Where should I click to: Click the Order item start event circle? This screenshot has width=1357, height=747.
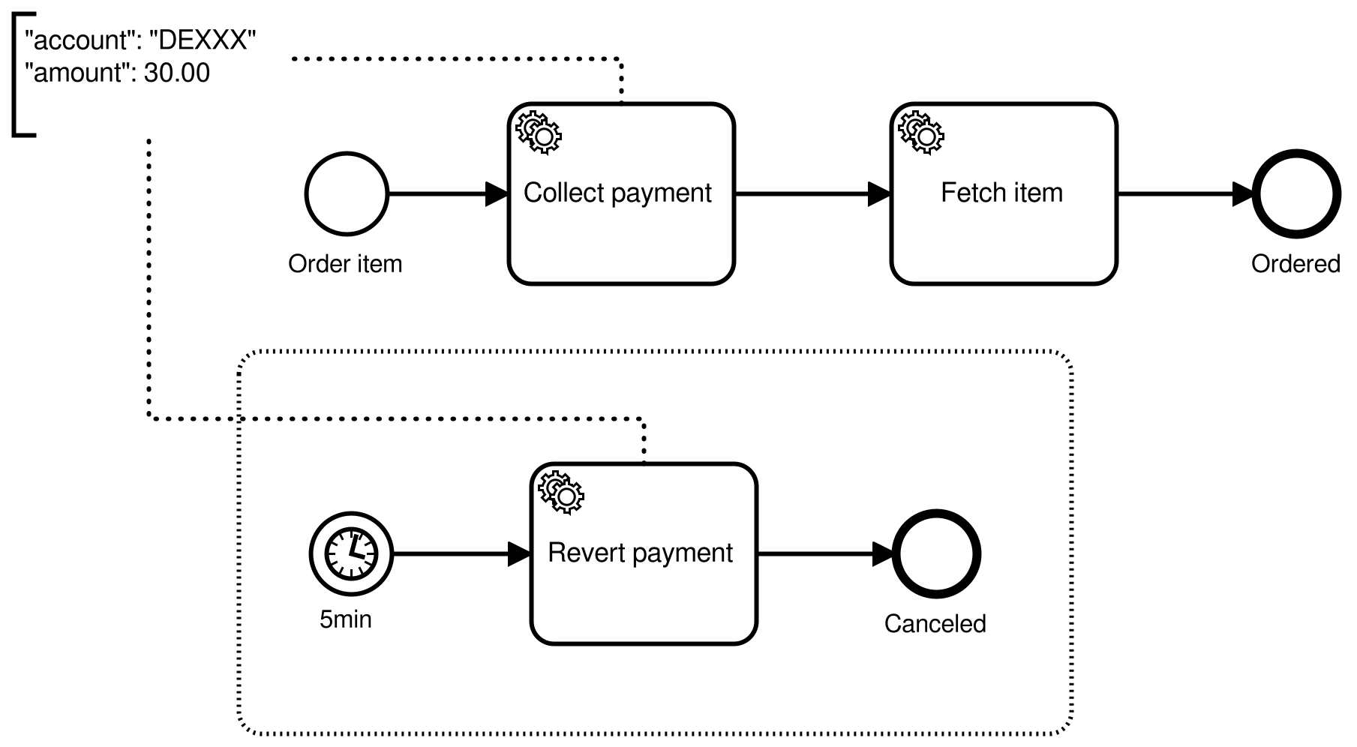347,193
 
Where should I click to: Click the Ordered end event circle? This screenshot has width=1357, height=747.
1295,193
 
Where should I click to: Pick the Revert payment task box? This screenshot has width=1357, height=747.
644,592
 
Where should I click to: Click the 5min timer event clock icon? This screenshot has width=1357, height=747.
351,554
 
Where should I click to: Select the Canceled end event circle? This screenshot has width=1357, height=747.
936,554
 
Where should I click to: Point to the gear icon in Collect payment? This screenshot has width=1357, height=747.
539,133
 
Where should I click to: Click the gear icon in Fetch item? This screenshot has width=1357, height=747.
921,133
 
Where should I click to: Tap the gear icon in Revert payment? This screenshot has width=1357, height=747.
561,493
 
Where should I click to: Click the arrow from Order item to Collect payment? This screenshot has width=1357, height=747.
443,193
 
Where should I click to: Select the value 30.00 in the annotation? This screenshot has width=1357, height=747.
177,73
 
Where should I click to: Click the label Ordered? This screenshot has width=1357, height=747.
1295,264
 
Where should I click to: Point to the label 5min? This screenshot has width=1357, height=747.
345,619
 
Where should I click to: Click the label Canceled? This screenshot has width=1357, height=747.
935,624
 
